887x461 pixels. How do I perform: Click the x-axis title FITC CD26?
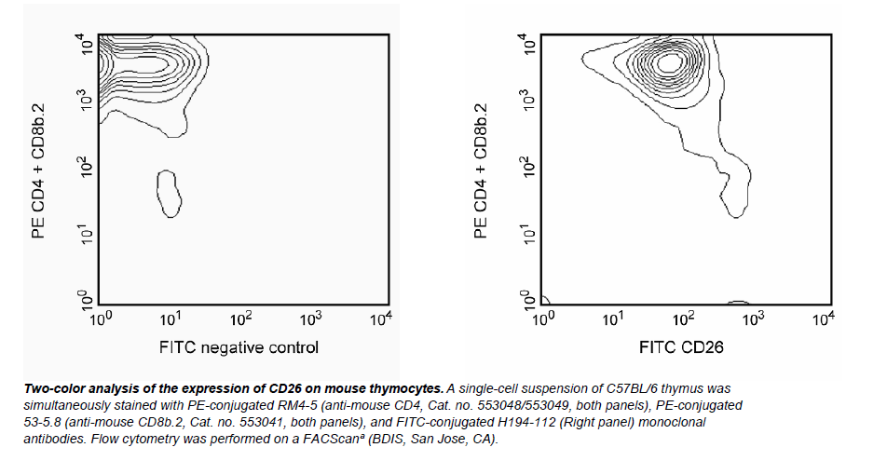pyautogui.click(x=682, y=348)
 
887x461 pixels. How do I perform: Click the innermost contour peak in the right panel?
pyautogui.click(x=669, y=62)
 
